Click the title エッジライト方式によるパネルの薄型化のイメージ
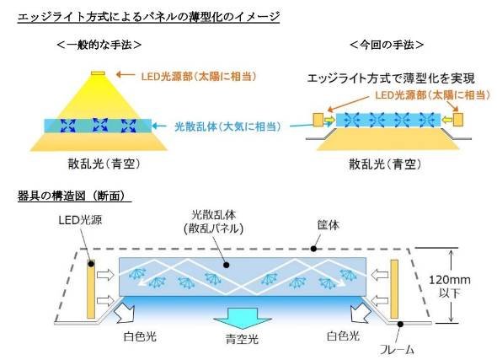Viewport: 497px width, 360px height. [148, 17]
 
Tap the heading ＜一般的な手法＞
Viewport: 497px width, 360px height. [99, 45]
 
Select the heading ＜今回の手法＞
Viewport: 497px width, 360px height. [387, 45]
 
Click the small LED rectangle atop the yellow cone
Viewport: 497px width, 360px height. [98, 73]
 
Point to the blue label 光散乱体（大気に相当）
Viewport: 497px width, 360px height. [228, 126]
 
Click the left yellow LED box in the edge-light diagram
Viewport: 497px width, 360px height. [318, 120]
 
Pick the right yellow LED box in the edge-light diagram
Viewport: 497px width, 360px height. [458, 120]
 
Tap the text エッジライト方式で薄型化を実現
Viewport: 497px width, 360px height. [391, 78]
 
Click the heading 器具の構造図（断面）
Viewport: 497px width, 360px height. [74, 196]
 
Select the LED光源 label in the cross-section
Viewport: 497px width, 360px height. [80, 220]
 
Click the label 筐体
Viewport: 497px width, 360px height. [328, 225]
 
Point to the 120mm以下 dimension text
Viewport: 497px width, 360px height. [450, 286]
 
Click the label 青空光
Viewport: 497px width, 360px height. [242, 339]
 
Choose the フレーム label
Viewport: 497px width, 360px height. [397, 350]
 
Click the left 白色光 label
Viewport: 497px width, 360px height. [140, 336]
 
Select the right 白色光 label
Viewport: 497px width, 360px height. [344, 336]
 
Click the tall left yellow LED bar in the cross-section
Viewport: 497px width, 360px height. [91, 288]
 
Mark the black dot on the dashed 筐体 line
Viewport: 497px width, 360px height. [313, 249]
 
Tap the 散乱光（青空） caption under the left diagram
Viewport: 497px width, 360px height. [104, 164]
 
